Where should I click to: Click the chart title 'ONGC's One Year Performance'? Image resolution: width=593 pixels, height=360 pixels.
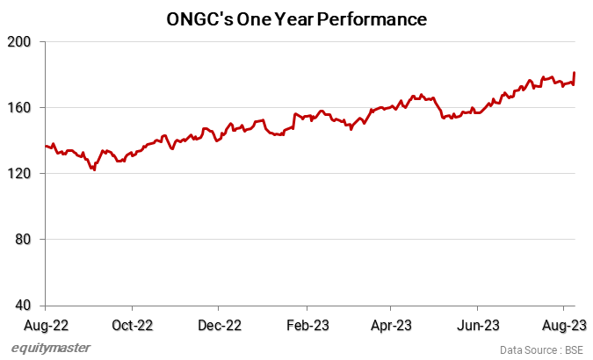pos(296,18)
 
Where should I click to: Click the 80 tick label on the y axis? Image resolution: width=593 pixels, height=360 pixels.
pos(24,240)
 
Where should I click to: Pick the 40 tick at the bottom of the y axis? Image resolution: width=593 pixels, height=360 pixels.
pos(24,306)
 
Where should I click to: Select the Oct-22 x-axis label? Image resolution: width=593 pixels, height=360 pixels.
pos(133,325)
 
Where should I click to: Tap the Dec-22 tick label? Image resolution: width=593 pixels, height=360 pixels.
pos(220,325)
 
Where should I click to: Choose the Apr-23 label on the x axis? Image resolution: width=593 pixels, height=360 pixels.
pos(391,325)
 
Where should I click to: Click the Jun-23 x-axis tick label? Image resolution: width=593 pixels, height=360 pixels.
pos(478,325)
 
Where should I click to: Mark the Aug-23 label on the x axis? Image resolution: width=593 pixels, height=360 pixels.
pos(565,325)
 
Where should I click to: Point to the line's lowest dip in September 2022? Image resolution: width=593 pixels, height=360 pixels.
pos(94,169)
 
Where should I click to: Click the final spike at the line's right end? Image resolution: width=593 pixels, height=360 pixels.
pos(575,73)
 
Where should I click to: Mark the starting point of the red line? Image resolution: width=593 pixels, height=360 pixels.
pos(45,146)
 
